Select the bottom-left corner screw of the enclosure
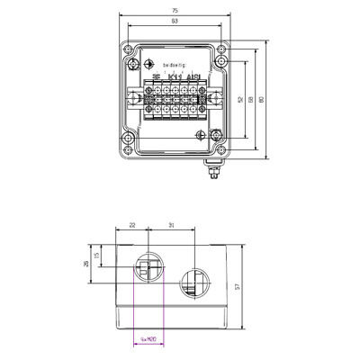coord(130,139)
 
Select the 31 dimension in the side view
coord(170,226)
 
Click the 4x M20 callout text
coord(149,339)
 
